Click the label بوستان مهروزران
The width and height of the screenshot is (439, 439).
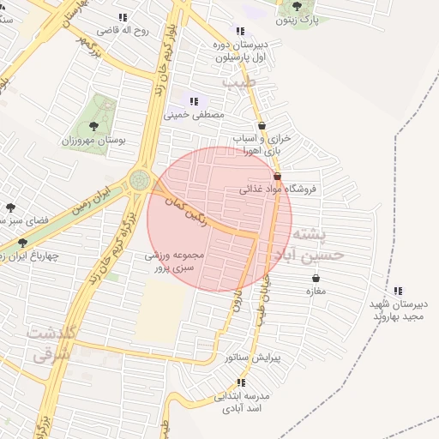94,139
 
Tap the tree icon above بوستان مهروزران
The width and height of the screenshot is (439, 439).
93,125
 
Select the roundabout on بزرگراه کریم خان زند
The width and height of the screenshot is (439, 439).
139,179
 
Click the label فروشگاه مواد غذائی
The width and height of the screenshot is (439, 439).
284,189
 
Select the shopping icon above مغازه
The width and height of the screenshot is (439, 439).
317,278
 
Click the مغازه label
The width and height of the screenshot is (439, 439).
317,291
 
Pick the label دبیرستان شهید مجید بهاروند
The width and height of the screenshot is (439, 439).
398,310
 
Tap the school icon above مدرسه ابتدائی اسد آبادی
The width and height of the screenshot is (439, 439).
241,382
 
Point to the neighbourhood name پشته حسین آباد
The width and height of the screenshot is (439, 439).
310,244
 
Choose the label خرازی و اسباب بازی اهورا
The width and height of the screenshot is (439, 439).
262,144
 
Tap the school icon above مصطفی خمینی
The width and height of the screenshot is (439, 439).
194,101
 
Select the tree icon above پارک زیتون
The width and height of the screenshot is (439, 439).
297,6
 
